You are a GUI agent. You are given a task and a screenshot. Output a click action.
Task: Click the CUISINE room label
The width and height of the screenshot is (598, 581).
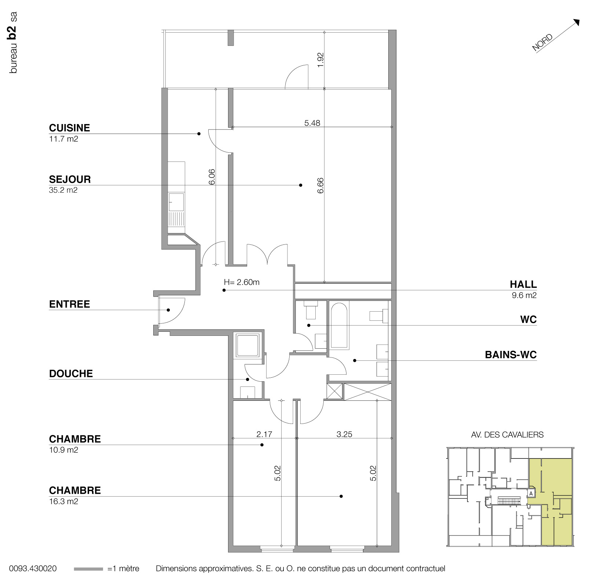[69, 128]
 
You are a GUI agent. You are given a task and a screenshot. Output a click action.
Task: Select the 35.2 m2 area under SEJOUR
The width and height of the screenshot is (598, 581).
[63, 190]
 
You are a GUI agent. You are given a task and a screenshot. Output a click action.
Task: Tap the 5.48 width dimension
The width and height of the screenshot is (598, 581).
[312, 123]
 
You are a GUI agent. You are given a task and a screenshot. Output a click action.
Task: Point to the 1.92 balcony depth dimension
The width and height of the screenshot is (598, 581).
[321, 60]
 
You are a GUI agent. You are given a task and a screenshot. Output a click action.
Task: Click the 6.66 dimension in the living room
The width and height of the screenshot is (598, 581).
[320, 186]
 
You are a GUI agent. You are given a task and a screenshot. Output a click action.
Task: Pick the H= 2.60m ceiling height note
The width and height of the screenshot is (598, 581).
[242, 282]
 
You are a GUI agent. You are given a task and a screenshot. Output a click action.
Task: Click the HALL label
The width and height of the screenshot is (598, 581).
[523, 284]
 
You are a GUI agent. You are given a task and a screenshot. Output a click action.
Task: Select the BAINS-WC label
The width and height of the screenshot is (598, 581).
[510, 355]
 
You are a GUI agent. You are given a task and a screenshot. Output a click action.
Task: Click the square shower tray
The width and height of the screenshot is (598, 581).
[248, 345]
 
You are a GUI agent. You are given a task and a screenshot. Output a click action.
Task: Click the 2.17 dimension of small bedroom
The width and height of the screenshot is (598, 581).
[264, 435]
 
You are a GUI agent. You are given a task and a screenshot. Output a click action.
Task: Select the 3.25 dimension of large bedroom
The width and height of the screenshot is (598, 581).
[344, 435]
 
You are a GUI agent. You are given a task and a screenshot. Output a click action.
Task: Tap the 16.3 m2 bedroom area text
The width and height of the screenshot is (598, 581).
[63, 501]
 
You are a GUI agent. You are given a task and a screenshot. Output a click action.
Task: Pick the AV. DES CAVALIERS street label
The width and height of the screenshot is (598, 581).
[507, 435]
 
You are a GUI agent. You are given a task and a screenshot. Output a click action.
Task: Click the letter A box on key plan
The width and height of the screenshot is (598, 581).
[531, 494]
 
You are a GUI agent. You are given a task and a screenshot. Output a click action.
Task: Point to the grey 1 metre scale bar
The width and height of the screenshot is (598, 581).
[88, 569]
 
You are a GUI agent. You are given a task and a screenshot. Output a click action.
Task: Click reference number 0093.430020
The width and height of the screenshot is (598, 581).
[33, 569]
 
